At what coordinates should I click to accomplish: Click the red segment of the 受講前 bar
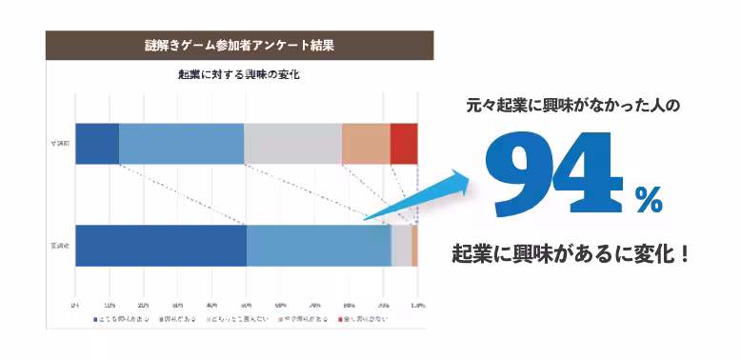[x=404, y=144]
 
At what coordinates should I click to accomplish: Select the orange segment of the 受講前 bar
[x=366, y=144]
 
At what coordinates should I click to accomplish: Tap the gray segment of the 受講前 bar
[x=292, y=144]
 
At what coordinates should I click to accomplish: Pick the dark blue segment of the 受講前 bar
[x=97, y=144]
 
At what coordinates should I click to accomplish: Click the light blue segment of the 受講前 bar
[x=181, y=144]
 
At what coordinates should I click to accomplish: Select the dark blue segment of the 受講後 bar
[x=161, y=246]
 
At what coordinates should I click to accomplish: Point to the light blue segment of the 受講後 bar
[x=319, y=246]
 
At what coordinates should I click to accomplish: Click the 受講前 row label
[x=61, y=144]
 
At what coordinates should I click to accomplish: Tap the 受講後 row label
[x=61, y=246]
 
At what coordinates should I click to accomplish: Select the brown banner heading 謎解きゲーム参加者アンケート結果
[x=239, y=45]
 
